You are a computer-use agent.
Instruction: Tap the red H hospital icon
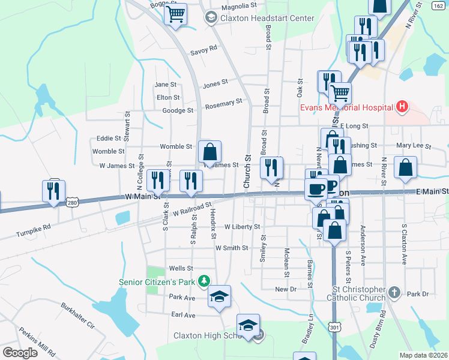click(402, 107)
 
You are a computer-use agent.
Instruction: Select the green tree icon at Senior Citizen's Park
click(204, 281)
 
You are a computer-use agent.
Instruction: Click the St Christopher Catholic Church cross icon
click(394, 292)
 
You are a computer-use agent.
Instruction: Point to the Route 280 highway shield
click(73, 203)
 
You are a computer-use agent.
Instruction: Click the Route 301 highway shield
click(334, 327)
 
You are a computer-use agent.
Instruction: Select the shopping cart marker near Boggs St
click(175, 13)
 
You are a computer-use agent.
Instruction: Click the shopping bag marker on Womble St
click(209, 151)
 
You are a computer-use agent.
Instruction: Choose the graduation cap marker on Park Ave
click(219, 296)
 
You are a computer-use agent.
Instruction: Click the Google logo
click(20, 352)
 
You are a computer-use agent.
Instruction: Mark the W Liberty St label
click(242, 227)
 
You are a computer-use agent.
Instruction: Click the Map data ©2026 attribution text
click(423, 355)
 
